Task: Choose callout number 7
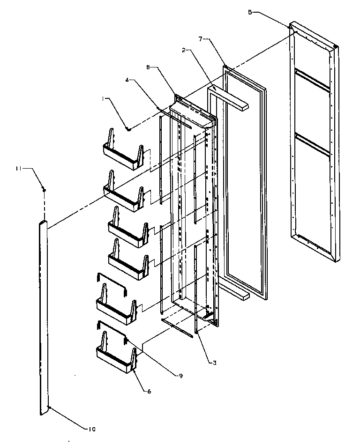click(x=200, y=39)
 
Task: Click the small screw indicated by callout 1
click(x=127, y=129)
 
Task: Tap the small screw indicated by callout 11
click(x=44, y=190)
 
